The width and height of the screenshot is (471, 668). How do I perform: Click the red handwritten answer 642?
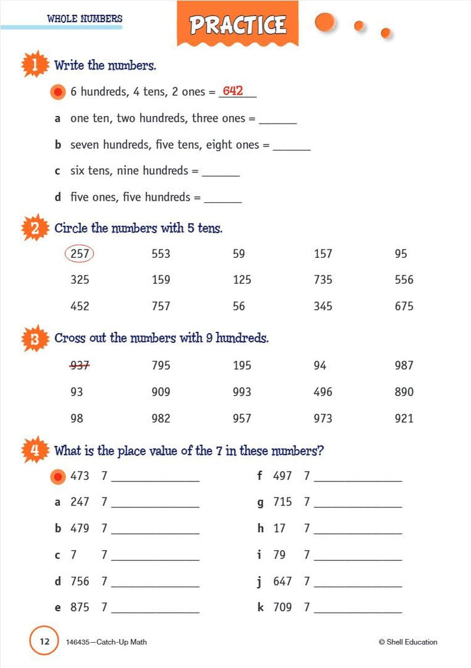point(233,91)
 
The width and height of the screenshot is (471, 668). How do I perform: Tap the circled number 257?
point(79,254)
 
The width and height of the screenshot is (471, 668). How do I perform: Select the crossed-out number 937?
point(79,365)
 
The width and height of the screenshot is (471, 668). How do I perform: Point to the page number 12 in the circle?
point(44,642)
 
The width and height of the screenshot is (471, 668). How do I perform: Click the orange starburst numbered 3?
point(35,338)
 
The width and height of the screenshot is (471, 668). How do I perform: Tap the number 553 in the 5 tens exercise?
point(161,254)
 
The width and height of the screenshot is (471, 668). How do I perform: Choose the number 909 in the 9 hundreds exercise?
point(161,392)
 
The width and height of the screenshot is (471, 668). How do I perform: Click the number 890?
point(404,392)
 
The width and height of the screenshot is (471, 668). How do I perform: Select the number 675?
point(404,306)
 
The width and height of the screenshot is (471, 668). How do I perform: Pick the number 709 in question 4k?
point(283,607)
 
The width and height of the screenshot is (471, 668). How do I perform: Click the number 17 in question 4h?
point(279,529)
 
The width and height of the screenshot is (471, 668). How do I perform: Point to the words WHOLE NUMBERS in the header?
point(85,19)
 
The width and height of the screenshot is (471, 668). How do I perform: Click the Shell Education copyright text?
point(408,642)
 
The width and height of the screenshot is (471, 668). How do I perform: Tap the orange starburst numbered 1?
point(35,65)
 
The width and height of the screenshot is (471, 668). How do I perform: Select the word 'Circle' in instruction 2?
point(71,228)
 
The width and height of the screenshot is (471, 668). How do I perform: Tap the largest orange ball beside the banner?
point(324,22)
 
